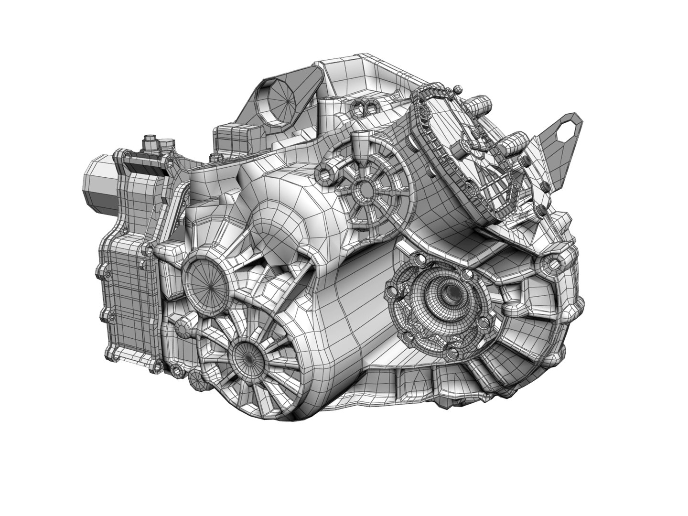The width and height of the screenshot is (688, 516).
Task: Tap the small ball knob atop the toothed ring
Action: click(x=458, y=88)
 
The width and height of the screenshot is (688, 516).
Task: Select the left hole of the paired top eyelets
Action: click(x=360, y=106)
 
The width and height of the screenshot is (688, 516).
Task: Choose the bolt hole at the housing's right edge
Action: click(x=553, y=262)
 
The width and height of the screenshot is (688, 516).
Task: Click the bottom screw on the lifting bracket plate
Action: click(x=541, y=209)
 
